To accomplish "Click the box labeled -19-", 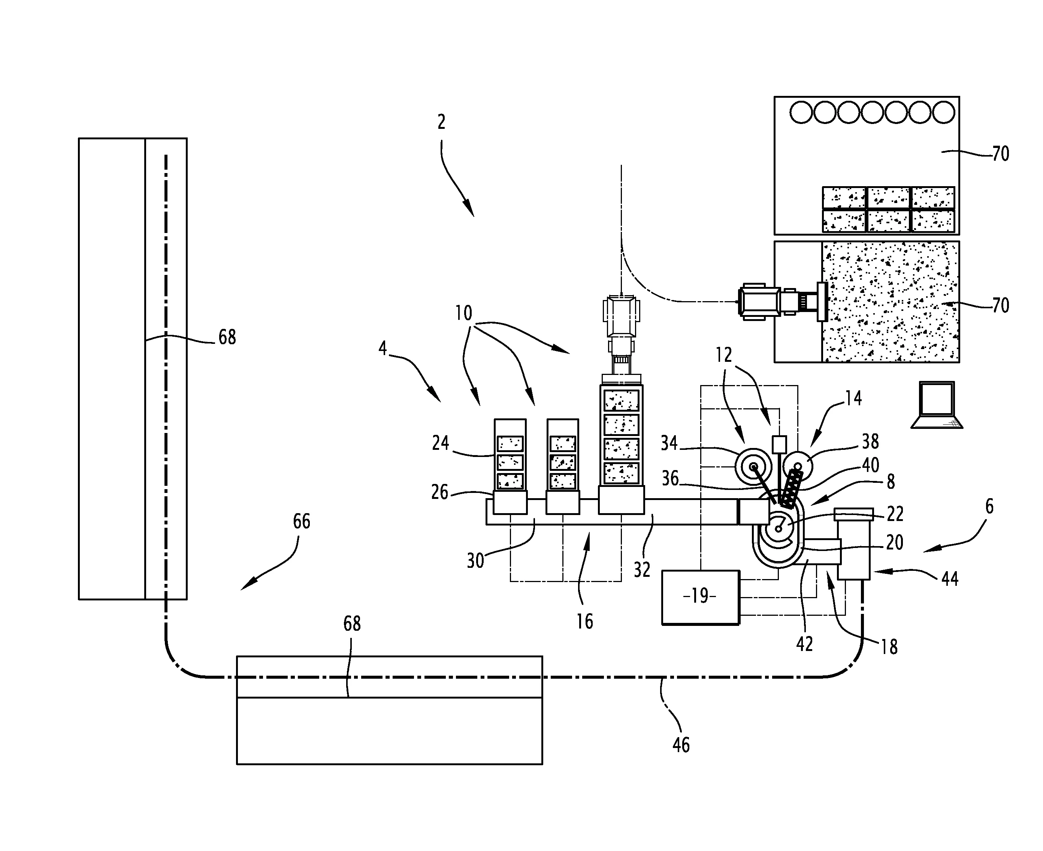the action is (700, 597).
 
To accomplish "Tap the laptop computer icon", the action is (937, 405).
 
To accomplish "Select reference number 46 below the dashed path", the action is (681, 745).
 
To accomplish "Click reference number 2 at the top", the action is (441, 122).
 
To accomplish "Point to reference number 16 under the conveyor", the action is (584, 622).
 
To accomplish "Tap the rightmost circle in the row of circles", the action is (943, 113).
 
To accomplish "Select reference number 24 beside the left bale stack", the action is (440, 443).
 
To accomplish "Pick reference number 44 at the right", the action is (950, 579).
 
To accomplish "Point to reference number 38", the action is (870, 442).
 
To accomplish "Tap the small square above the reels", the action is (779, 444).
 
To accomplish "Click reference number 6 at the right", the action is (989, 506).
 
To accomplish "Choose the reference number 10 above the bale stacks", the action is (463, 313).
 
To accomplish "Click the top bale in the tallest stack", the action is (621, 400).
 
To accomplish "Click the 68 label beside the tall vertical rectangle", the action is (227, 337).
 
